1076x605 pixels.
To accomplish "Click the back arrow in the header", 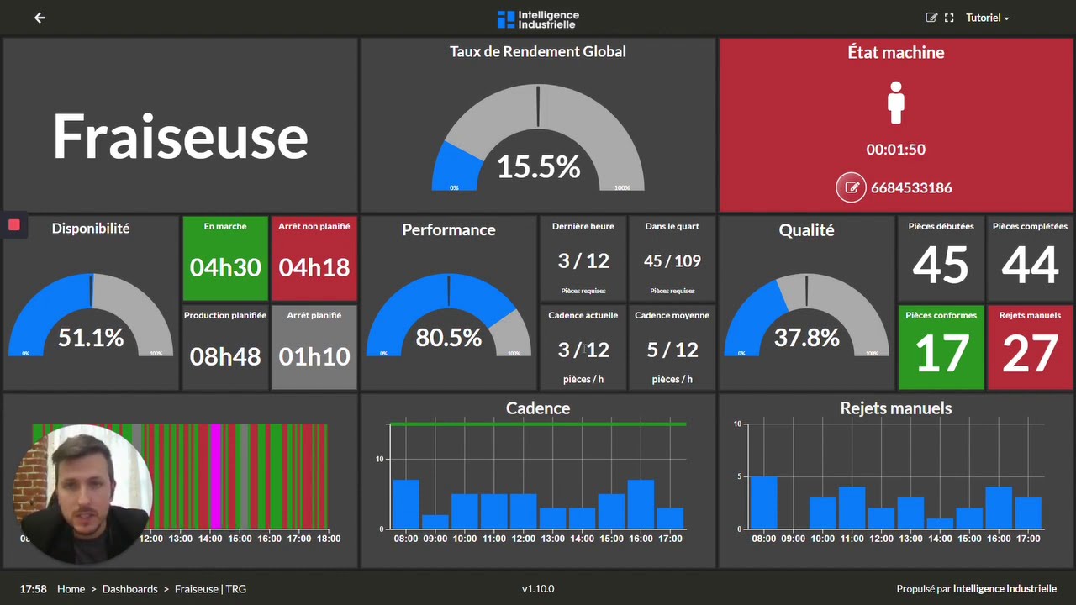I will point(40,18).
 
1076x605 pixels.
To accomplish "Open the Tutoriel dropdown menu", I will point(987,18).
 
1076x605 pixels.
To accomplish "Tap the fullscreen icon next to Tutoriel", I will point(949,18).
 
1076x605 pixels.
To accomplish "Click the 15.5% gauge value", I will point(538,166).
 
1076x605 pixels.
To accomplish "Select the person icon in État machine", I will point(896,103).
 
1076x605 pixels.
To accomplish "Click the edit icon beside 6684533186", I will point(851,187).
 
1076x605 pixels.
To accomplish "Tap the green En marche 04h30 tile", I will point(225,259).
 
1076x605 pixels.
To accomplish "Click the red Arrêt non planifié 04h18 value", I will point(314,267).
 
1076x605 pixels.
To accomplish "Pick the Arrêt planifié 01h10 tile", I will point(314,347).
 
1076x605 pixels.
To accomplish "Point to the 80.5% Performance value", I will point(449,338).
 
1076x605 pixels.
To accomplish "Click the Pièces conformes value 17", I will point(941,354).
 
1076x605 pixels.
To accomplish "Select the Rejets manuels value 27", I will point(1030,354).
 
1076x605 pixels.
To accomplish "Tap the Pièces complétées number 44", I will point(1030,265).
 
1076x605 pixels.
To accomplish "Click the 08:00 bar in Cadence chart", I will point(406,504).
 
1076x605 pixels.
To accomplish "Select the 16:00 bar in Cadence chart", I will point(641,504).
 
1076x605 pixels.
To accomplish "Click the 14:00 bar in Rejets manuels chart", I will point(940,523).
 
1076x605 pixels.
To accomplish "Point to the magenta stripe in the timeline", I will point(216,475).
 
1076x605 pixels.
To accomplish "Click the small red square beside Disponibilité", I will point(14,224).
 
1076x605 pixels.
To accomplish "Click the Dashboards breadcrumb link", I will point(129,589).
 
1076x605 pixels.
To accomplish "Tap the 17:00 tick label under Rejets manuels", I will point(1027,539).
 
